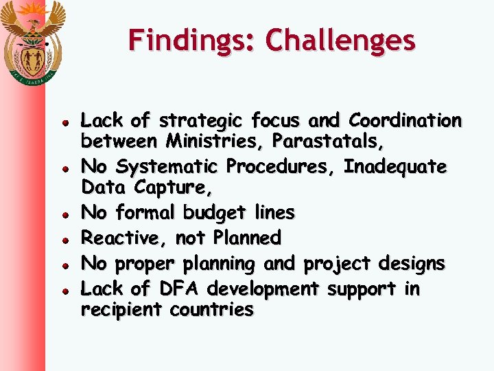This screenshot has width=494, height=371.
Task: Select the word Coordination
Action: (405, 121)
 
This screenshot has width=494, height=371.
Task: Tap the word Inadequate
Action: (395, 167)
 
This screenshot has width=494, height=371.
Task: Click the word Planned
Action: (247, 238)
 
